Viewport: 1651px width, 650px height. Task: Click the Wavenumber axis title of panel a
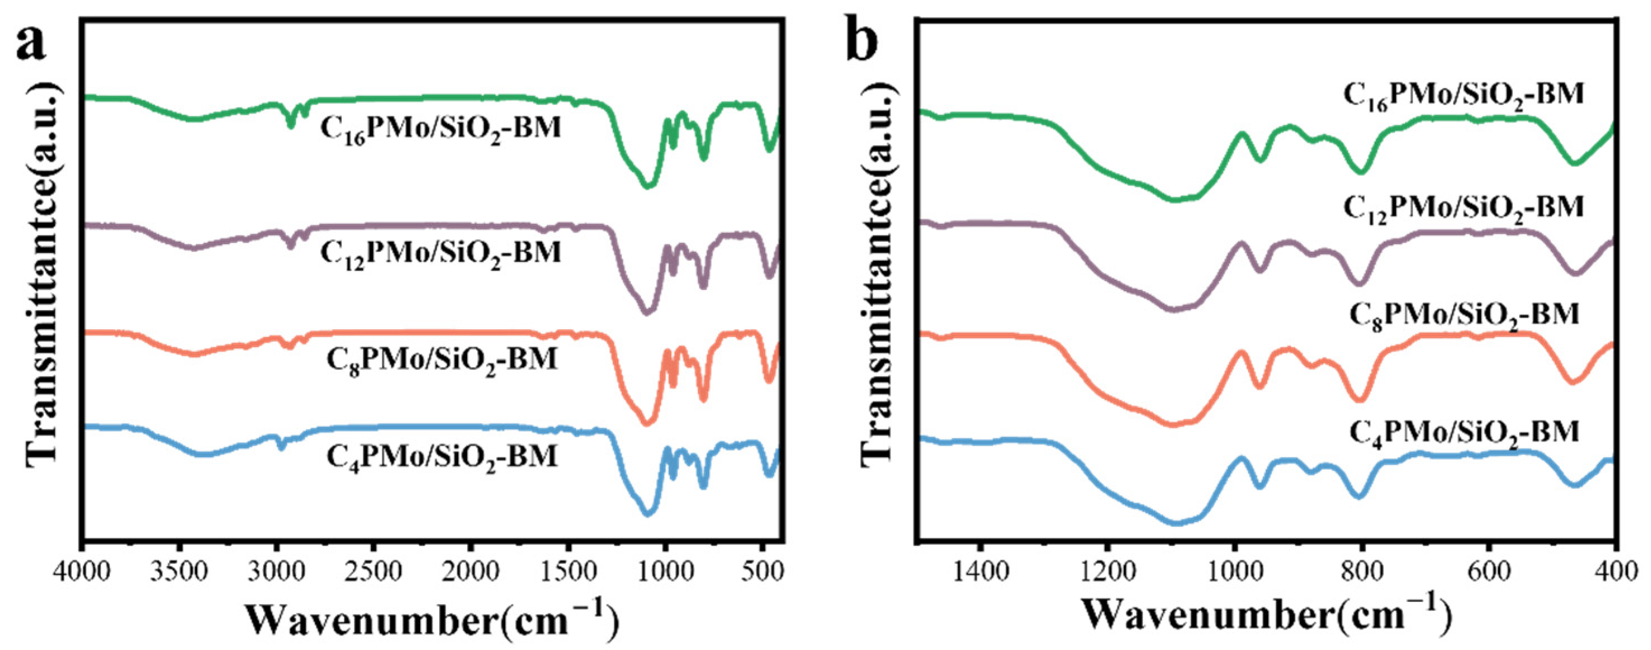[x=432, y=620]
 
